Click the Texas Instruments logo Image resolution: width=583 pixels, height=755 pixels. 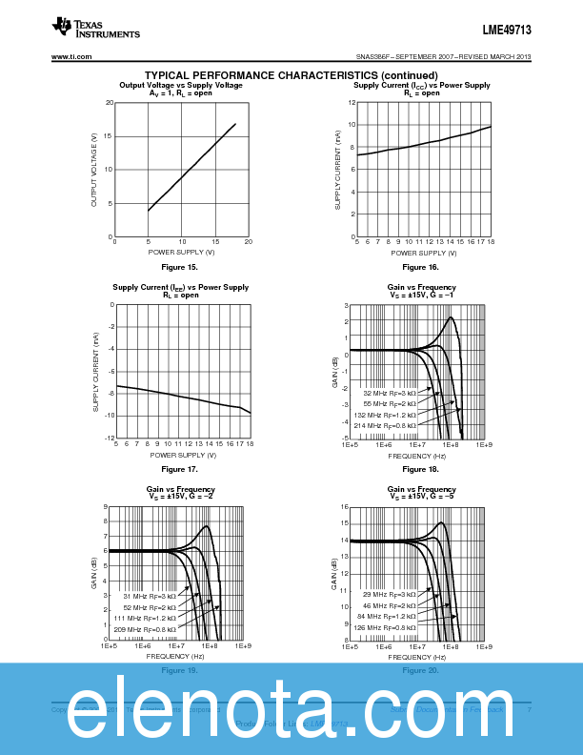(96, 28)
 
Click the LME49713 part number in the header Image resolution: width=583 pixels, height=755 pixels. (507, 31)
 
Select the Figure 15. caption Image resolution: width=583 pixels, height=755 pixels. (179, 267)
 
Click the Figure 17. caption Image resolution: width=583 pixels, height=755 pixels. (179, 469)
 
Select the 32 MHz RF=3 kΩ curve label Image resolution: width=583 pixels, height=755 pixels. (389, 393)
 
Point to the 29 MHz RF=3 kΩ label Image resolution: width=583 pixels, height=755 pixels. (389, 595)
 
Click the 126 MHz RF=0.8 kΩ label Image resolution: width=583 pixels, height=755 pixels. (385, 628)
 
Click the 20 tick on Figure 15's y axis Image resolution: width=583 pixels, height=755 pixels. (110, 103)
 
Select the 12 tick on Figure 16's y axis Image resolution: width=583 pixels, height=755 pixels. (351, 103)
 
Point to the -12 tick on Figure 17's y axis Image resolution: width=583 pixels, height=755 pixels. (109, 438)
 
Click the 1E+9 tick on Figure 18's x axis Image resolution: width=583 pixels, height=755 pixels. (484, 444)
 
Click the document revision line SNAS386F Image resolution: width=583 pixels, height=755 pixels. (442, 57)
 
